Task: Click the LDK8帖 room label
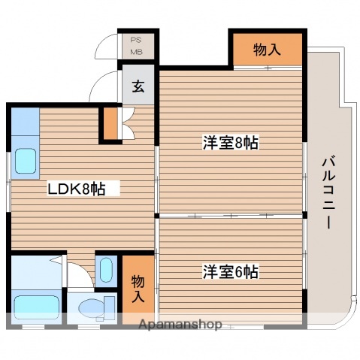[x=76, y=189]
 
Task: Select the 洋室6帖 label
[x=230, y=271]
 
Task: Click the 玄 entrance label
[x=139, y=85]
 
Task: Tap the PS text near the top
[x=137, y=41]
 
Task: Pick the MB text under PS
[x=137, y=52]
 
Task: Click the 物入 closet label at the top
[x=267, y=50]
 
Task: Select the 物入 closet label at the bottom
[x=138, y=289]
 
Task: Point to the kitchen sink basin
[x=25, y=162]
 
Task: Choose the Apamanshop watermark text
[x=180, y=325]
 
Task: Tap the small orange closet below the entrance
[x=111, y=125]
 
